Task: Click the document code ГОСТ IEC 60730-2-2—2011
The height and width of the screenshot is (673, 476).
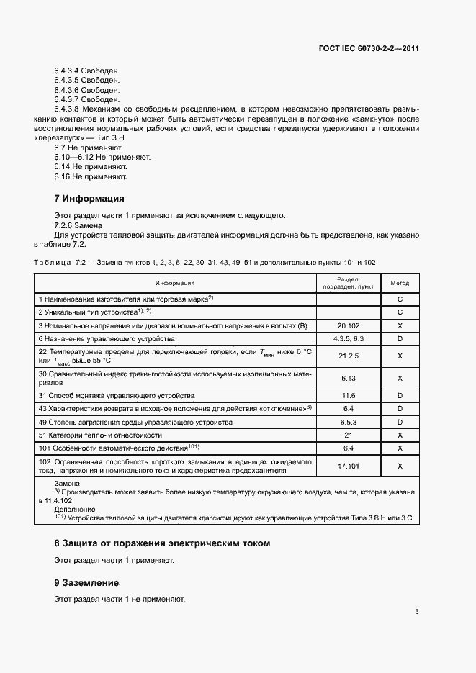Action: coord(369,49)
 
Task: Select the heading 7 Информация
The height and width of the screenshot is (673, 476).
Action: coord(89,198)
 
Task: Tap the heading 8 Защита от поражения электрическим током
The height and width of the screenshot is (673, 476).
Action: coord(162,543)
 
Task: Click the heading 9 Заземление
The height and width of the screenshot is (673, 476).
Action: coord(86,582)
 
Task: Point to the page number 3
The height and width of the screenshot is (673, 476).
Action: coord(416,612)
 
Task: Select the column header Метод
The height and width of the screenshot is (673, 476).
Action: coord(400,283)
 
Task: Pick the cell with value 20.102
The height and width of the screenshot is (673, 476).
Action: coord(348,325)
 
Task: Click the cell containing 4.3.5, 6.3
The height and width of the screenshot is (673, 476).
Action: coord(348,338)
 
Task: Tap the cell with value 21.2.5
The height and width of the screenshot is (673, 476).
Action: coord(348,356)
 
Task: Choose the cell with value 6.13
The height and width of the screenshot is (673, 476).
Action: coord(348,378)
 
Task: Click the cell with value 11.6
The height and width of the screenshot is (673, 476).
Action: coord(348,396)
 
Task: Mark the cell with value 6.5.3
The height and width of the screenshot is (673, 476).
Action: coord(348,422)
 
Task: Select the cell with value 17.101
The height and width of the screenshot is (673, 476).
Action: coord(348,466)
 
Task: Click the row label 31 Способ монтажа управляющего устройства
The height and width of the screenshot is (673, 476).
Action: coord(117,396)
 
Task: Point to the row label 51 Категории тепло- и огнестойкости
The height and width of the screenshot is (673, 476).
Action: coord(100,435)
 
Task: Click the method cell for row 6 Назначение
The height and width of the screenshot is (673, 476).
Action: coord(400,338)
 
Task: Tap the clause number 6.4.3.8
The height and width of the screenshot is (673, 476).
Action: coord(68,109)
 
